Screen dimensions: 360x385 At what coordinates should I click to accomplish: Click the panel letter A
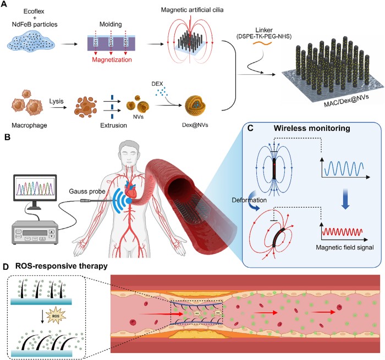click(x=5, y=4)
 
